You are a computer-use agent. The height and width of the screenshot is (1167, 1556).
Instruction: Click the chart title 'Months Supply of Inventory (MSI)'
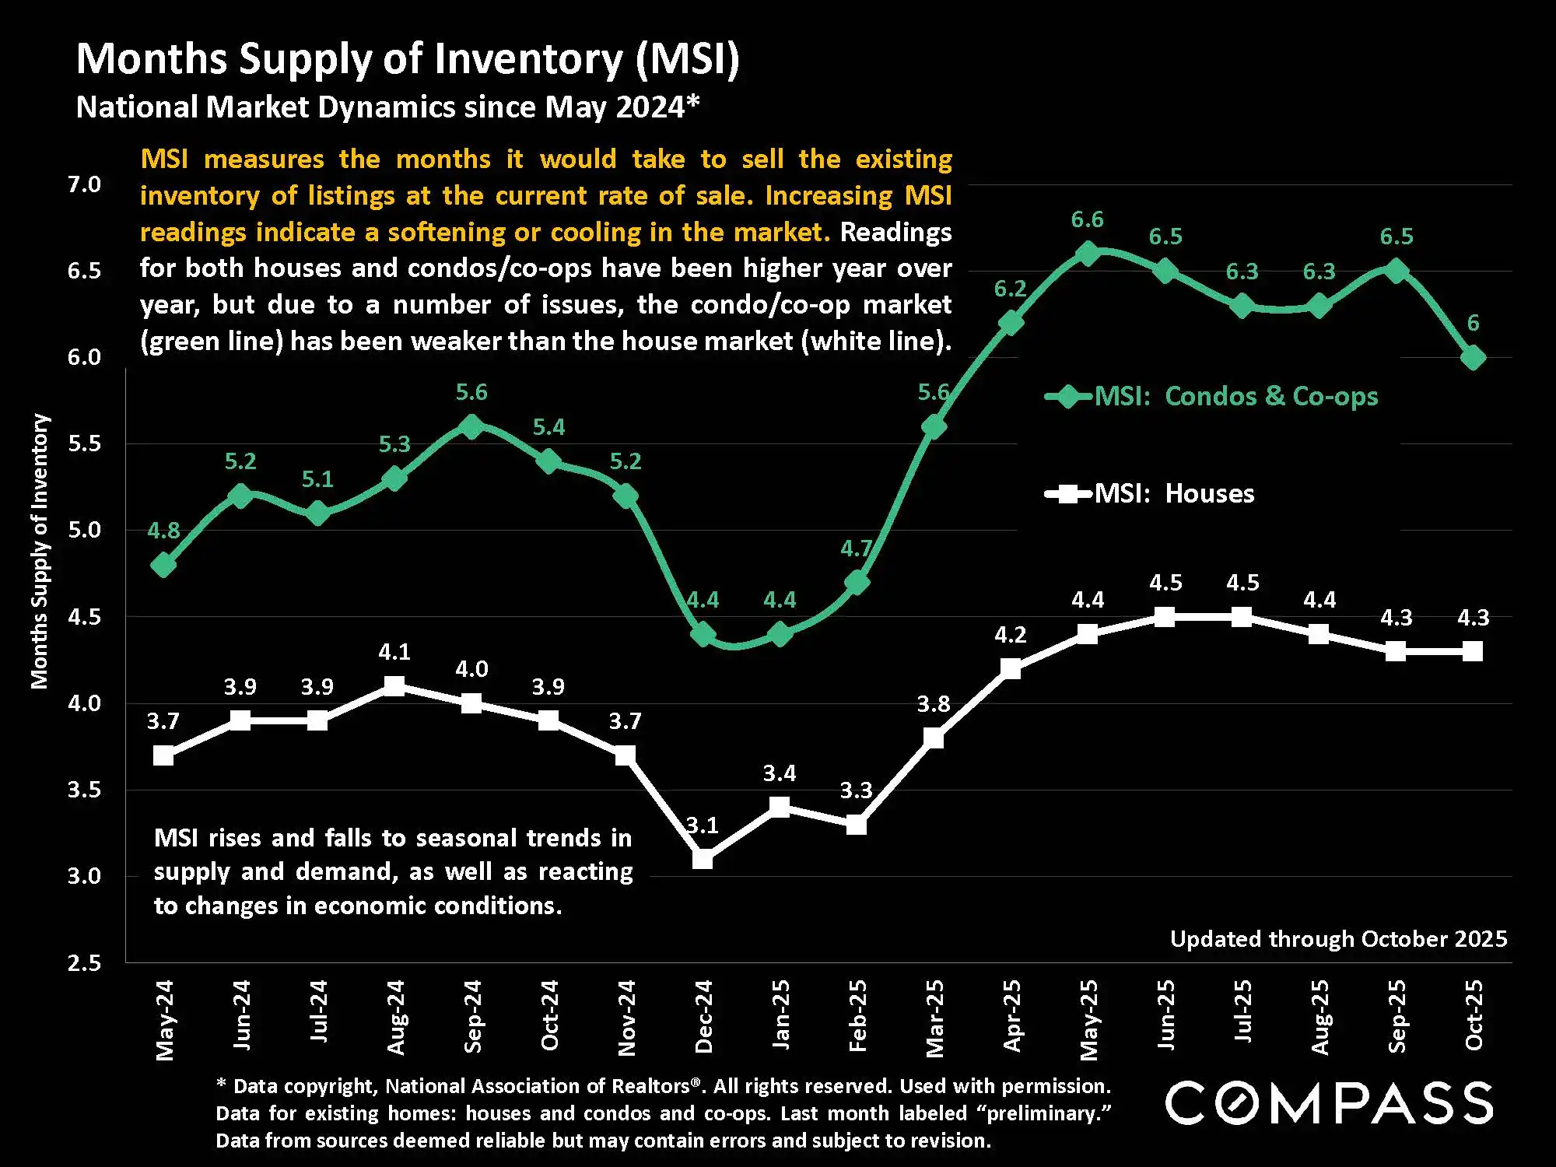tap(408, 59)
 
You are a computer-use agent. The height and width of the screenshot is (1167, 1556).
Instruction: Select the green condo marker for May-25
tap(1088, 254)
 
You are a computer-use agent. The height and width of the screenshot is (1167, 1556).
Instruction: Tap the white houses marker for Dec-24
tap(703, 859)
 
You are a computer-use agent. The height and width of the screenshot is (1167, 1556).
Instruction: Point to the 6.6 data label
tap(1087, 220)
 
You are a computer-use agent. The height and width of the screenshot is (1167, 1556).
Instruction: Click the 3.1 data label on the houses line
tap(703, 825)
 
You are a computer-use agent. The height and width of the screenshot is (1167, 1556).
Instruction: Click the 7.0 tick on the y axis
tap(84, 184)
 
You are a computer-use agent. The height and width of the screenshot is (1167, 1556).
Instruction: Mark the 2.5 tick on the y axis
tap(84, 963)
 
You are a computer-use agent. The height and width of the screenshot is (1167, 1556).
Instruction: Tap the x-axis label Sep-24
tap(472, 1017)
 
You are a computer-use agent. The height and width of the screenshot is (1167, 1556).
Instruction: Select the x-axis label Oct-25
tap(1474, 1015)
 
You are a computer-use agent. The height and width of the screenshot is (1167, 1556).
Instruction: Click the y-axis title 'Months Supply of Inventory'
tap(40, 551)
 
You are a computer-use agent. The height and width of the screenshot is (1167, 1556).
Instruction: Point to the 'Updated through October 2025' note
tap(1338, 939)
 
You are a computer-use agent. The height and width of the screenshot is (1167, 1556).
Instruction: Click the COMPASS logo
tap(1329, 1103)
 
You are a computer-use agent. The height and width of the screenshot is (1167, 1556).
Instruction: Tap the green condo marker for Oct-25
tap(1473, 358)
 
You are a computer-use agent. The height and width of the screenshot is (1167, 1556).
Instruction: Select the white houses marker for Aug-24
tap(394, 686)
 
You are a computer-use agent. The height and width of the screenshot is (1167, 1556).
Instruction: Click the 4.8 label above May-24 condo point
tap(163, 531)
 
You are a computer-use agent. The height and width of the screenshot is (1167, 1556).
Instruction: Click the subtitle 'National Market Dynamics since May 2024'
tap(387, 107)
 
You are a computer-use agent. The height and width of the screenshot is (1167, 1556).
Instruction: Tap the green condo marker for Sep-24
tap(471, 426)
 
